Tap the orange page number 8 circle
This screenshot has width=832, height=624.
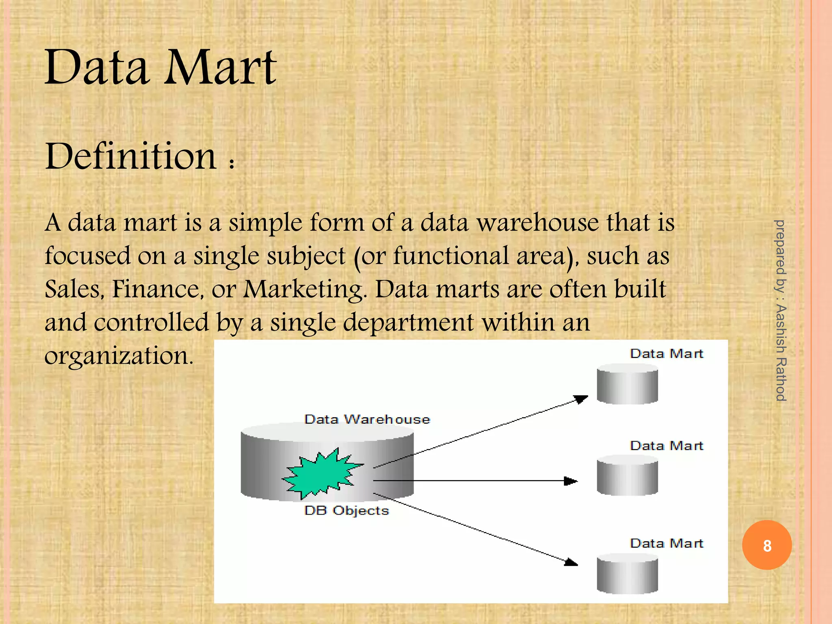(767, 545)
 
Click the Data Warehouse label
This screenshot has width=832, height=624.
(367, 419)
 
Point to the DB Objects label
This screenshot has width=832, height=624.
(347, 511)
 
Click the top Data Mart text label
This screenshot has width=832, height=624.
(666, 354)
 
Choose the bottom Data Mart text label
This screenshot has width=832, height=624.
(666, 544)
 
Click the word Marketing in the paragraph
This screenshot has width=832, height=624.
(304, 290)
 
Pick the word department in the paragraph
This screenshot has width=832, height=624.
(408, 323)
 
